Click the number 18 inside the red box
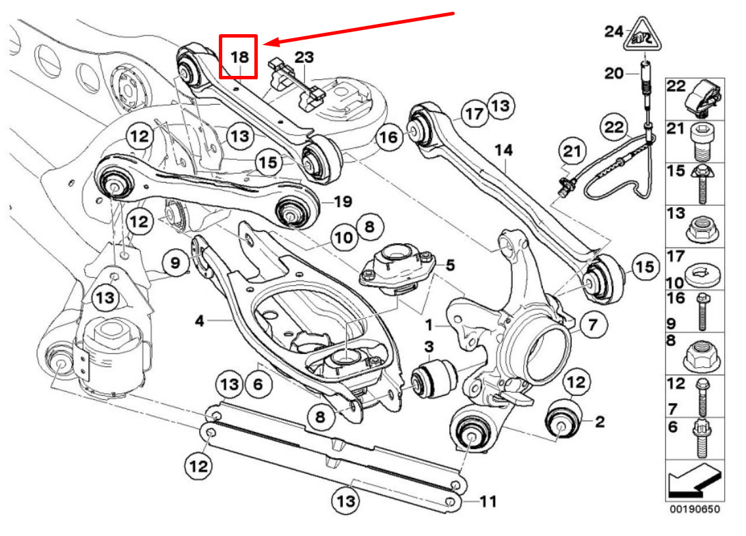pos(239,57)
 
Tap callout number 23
pos(304,57)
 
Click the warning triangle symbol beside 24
pos(643,35)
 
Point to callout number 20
pos(614,73)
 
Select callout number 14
pos(503,150)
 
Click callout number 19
pos(343,202)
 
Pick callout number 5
pos(450,265)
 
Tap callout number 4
pos(200,321)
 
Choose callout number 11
pos(488,501)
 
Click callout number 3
pos(429,346)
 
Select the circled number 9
pos(176,263)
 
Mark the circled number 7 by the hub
pos(592,325)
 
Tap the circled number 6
pos(258,384)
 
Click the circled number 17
pos(475,113)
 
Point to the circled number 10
pos(344,237)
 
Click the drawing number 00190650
pos(695,509)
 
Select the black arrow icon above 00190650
pos(694,482)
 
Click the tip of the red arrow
pos(263,44)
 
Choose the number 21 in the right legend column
pos(676,129)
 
